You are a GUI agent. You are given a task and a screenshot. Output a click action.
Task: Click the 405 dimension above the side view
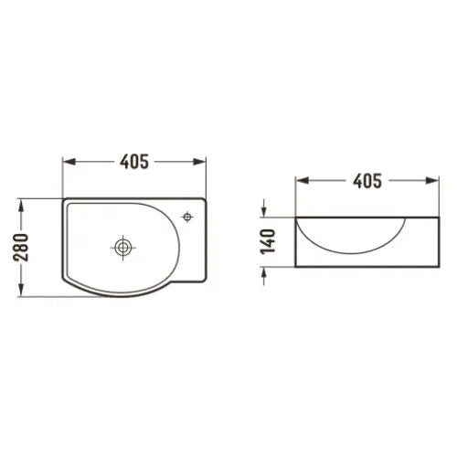(x=366, y=180)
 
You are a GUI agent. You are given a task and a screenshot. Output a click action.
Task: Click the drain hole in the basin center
(x=122, y=246)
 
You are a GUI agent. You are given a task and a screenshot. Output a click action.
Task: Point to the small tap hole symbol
(x=187, y=217)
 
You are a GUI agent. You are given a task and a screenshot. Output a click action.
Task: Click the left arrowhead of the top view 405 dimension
(x=67, y=162)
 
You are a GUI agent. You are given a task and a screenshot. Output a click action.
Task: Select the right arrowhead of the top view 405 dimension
(x=203, y=162)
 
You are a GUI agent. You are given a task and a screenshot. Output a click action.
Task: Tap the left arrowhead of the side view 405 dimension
(x=300, y=180)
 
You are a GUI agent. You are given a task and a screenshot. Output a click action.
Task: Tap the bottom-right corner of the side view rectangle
(x=434, y=267)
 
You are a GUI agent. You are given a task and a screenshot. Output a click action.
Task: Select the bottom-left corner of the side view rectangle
(x=295, y=267)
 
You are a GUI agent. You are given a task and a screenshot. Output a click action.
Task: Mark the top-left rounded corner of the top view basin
(x=65, y=199)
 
